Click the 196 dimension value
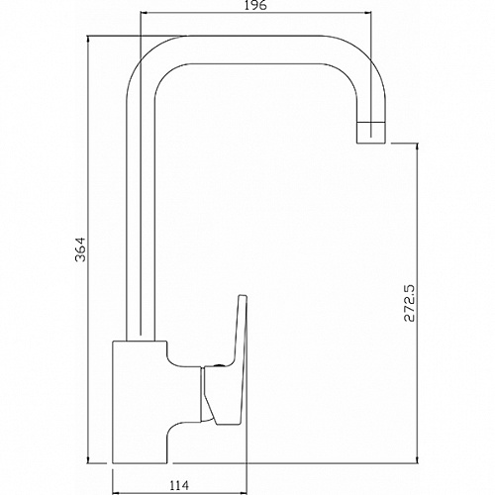pyautogui.click(x=256, y=6)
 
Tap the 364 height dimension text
pyautogui.click(x=80, y=249)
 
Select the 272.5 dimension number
pyautogui.click(x=409, y=303)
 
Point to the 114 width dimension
pyautogui.click(x=179, y=485)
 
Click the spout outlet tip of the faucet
pyautogui.click(x=371, y=133)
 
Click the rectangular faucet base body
pyautogui.click(x=140, y=402)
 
